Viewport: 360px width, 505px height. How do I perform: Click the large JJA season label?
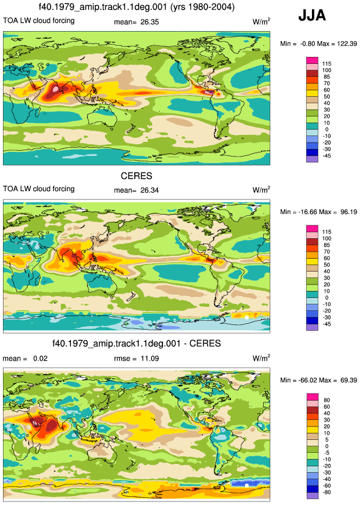[312, 15]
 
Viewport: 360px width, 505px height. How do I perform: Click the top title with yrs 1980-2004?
[137, 7]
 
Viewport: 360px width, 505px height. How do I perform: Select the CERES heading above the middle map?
[137, 176]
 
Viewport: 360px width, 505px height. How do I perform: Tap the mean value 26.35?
[150, 22]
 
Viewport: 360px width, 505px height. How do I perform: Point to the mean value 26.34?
[150, 191]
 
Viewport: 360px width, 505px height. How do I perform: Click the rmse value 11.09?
[150, 358]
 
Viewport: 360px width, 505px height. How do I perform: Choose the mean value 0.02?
[40, 358]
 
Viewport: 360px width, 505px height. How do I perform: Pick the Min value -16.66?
[308, 212]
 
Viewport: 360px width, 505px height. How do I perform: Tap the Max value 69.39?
[348, 380]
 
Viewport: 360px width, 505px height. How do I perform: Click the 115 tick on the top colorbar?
[327, 64]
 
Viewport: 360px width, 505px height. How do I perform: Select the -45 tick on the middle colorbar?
[327, 324]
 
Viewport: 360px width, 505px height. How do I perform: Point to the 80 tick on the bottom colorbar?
[327, 401]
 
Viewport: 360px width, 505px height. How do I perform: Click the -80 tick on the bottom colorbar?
[327, 493]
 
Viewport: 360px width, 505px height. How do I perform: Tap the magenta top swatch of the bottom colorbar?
[313, 396]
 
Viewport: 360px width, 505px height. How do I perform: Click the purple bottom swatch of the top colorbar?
[313, 159]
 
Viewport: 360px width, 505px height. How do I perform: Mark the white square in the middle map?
[247, 317]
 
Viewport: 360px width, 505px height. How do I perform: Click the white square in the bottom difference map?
[247, 485]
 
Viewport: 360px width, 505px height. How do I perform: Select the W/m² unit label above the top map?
[261, 22]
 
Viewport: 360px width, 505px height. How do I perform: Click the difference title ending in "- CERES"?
[137, 344]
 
